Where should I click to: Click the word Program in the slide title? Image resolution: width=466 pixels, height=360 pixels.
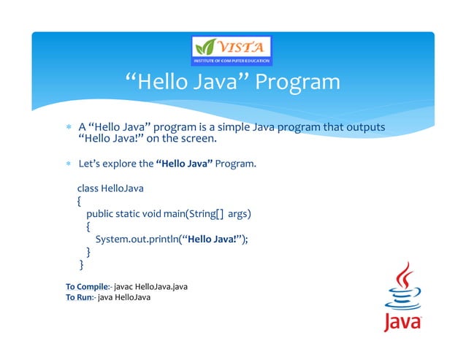point(296,82)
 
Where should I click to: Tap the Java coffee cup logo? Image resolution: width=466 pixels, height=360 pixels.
point(402,299)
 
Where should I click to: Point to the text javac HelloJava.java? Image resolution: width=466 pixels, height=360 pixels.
point(150,286)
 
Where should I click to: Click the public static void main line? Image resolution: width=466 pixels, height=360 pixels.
point(169,213)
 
